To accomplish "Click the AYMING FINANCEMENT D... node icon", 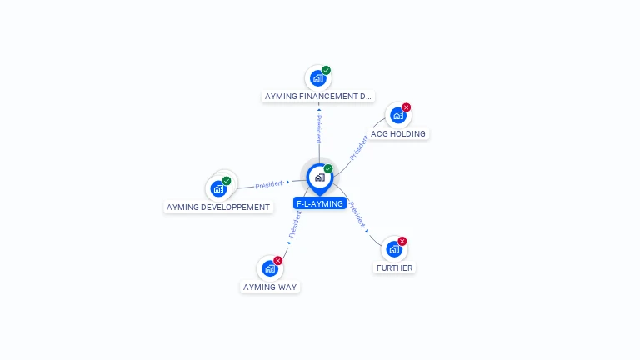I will (x=317, y=79).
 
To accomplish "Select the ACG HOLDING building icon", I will (x=397, y=116).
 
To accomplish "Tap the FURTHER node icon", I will (x=393, y=249).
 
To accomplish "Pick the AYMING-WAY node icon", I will (x=269, y=268).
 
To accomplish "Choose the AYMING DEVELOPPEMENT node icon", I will (x=219, y=188).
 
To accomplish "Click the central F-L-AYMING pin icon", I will (x=319, y=177).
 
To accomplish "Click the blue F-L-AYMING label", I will (x=319, y=203).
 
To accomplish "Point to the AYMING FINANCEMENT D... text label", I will (x=318, y=97).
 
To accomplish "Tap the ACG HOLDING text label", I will (x=398, y=134).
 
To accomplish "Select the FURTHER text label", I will (x=394, y=268).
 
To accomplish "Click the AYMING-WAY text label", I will (x=270, y=287).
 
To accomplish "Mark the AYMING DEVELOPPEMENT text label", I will (x=218, y=207).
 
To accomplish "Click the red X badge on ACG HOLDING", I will (x=407, y=107).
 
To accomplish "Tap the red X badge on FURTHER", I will (x=402, y=241).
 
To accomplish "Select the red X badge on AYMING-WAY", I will (x=278, y=260).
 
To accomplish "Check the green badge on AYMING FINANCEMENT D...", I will (x=327, y=71).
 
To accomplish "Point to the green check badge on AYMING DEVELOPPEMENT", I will (x=227, y=181).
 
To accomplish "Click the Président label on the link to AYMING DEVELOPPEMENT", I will (x=269, y=184).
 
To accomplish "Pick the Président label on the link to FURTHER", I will (x=357, y=214).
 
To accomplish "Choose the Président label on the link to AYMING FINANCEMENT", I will (x=318, y=128).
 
